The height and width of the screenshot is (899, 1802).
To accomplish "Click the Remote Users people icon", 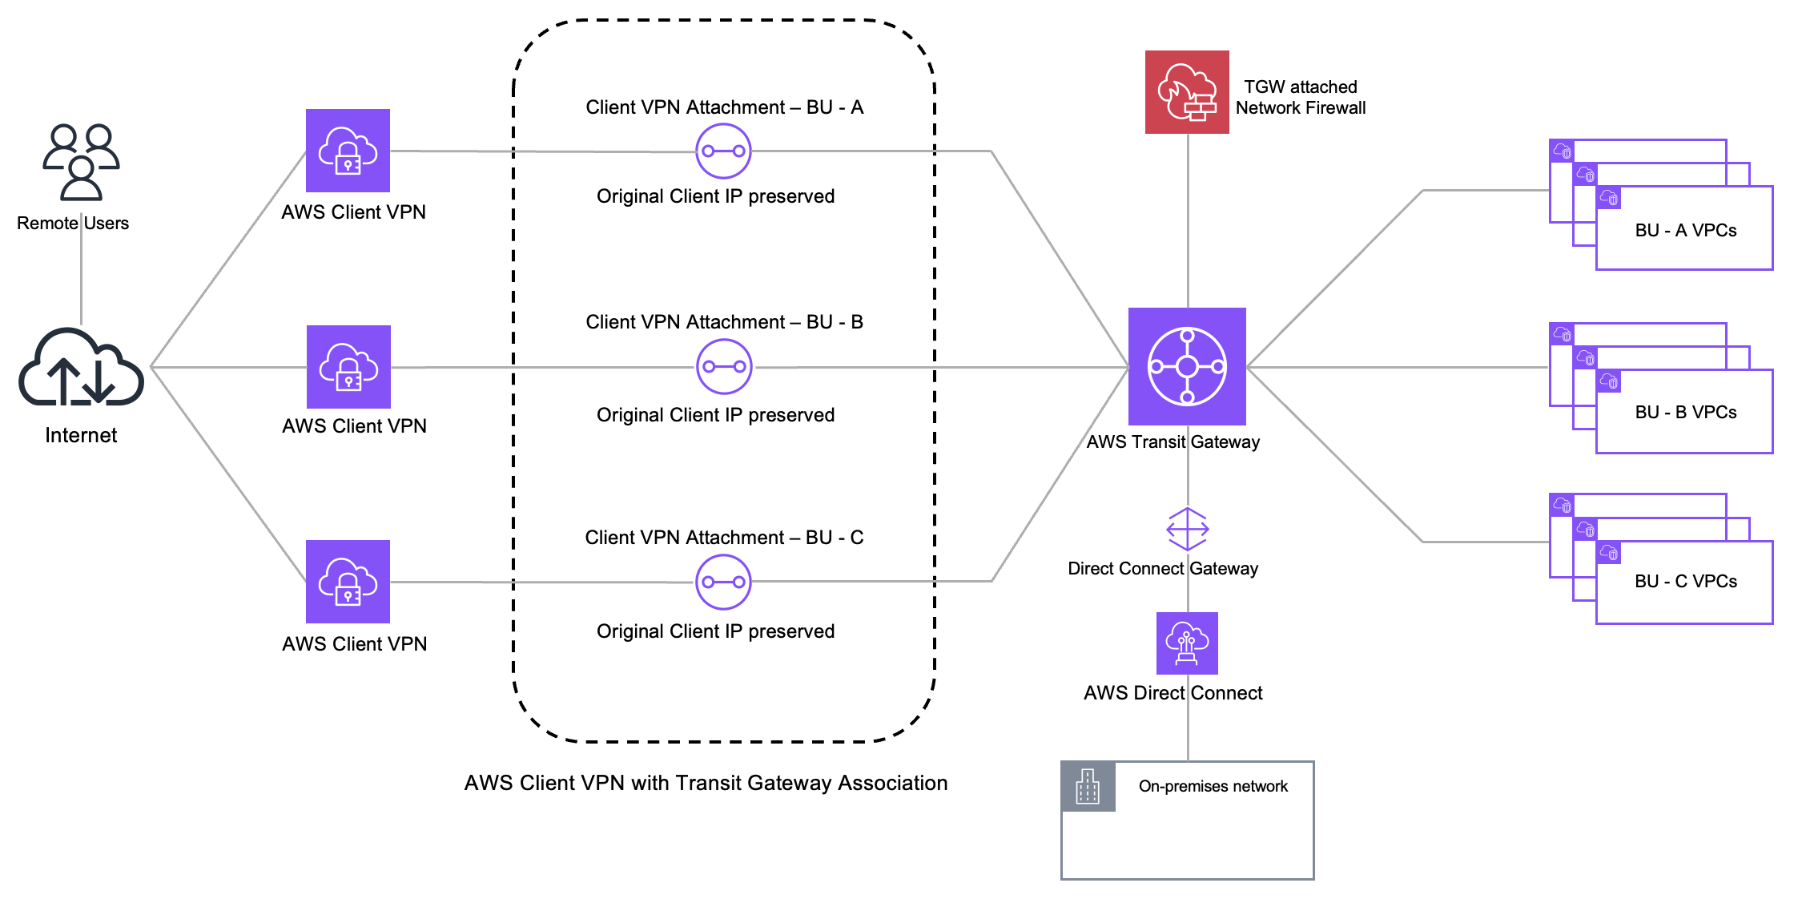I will coord(80,162).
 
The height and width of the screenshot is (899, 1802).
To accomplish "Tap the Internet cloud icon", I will coord(81,369).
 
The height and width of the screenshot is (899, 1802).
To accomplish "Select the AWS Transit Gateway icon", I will coord(1187,366).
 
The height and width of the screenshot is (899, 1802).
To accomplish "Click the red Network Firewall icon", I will coord(1187,92).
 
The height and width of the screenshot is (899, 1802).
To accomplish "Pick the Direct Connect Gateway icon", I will coord(1187,529).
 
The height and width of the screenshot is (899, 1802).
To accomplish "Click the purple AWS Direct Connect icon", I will coord(1187,643).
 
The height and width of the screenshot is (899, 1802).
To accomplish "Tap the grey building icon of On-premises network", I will coord(1088,786).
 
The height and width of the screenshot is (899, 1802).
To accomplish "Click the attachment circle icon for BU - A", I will coord(723,151).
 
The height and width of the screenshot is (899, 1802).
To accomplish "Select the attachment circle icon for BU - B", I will coord(724,367).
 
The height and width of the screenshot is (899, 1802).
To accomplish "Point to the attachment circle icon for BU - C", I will coord(723,582).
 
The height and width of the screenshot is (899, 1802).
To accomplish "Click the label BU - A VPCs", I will coord(1685,231).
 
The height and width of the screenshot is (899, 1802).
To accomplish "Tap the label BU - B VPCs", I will coord(1685,413).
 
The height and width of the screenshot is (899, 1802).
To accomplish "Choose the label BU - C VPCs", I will coord(1685,582).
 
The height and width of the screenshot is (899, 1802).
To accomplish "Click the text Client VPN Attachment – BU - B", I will coord(724,322).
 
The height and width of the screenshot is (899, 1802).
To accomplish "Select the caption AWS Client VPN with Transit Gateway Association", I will coord(706,783).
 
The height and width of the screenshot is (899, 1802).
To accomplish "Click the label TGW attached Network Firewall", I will coord(1300,98).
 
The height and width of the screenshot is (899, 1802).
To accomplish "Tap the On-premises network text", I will coord(1213,787).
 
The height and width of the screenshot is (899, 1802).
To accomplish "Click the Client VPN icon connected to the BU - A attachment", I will coord(348,151).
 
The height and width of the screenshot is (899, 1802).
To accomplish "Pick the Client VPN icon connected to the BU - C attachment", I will coord(348,582).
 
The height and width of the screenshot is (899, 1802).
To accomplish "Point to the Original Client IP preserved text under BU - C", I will coord(715,631).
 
